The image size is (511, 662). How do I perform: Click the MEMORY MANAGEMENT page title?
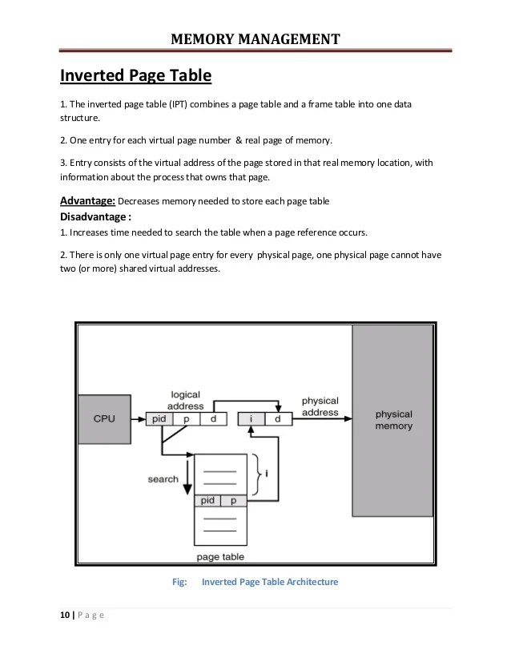pos(255,38)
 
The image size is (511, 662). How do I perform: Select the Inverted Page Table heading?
pos(135,76)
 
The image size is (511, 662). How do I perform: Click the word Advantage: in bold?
pos(88,200)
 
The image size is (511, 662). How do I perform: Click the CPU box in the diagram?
pos(104,418)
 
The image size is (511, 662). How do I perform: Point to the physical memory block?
pos(393,421)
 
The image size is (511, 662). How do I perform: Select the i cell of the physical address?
pos(251,418)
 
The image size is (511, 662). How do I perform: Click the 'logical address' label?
pos(185,400)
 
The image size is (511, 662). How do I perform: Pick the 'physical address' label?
pos(320,406)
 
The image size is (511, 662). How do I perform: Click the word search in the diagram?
pos(163,479)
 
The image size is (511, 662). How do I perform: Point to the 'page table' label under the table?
pos(220,556)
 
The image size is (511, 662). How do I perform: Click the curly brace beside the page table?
pos(257,474)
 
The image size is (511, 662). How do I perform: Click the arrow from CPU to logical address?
pos(136,418)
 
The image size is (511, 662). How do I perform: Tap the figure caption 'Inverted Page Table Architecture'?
pos(271,582)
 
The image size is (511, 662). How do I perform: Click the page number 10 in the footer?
pos(63,616)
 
